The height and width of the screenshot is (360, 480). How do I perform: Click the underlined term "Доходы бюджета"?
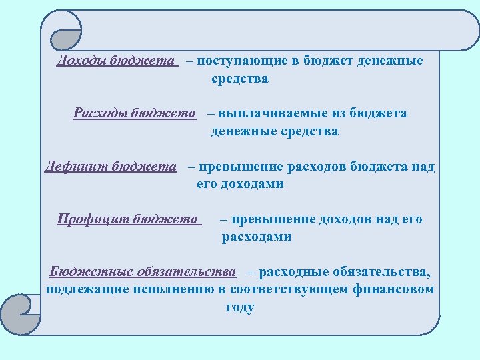click(117, 61)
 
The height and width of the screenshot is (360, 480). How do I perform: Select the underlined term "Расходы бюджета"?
click(134, 113)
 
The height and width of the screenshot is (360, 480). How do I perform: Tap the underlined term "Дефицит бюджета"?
click(110, 167)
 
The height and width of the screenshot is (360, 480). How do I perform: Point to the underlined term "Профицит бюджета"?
click(128, 219)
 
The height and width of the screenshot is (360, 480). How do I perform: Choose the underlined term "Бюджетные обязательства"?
click(143, 272)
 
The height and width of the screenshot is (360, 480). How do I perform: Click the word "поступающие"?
click(242, 61)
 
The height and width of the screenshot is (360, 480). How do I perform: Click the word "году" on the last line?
click(240, 307)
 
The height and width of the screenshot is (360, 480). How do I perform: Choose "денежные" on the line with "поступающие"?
click(390, 61)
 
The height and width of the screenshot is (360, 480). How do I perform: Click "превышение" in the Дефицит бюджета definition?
click(235, 167)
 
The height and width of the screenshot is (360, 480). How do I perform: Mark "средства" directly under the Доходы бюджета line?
click(240, 79)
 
